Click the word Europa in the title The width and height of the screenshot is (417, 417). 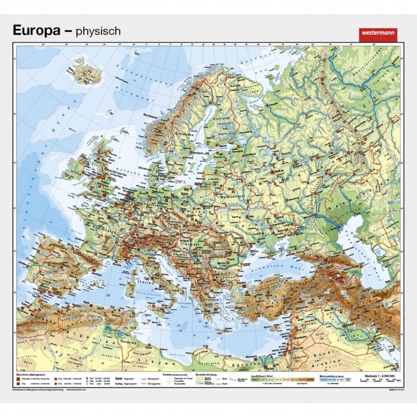point(38,30)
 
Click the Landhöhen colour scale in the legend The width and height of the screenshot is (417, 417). point(276,380)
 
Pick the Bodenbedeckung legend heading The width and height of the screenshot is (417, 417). point(208,375)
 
